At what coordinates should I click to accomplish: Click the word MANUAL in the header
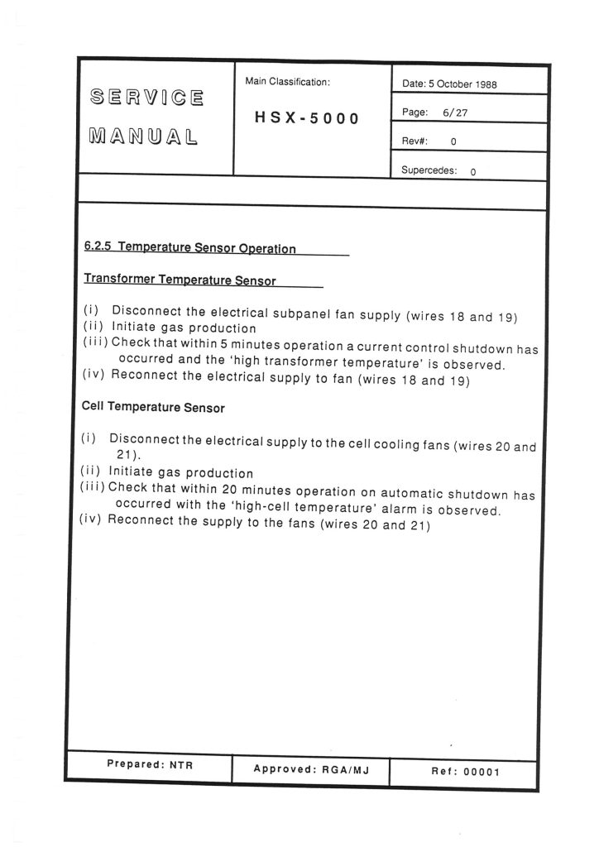coord(146,135)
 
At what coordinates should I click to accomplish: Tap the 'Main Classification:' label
coord(287,82)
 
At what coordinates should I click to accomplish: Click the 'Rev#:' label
coord(415,141)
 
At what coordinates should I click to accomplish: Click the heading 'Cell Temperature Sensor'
coord(153,407)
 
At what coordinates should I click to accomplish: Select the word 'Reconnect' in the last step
coord(143,521)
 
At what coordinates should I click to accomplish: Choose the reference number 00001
coord(482,772)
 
